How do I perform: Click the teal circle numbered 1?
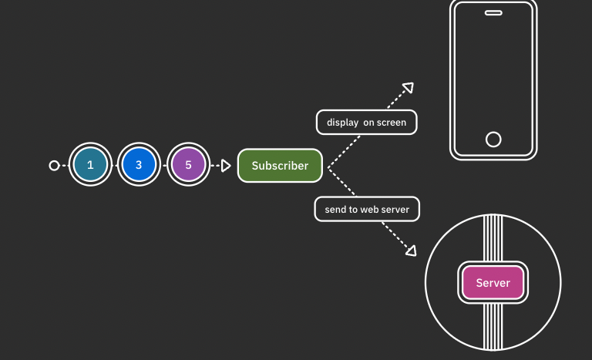90,165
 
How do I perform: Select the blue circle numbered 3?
139,165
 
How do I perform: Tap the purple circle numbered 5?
188,165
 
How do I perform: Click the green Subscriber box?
280,166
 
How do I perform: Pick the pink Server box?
493,283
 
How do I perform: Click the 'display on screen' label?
366,123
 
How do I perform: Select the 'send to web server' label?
366,209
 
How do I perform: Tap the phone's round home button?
493,140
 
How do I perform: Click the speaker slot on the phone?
493,13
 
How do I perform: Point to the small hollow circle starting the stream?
54,165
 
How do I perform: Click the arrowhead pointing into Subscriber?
225,165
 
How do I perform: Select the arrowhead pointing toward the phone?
409,88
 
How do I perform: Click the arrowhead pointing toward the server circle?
412,251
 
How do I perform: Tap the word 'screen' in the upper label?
391,123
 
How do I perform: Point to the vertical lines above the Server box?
493,239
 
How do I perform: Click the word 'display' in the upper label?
342,123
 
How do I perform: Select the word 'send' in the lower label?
335,209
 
